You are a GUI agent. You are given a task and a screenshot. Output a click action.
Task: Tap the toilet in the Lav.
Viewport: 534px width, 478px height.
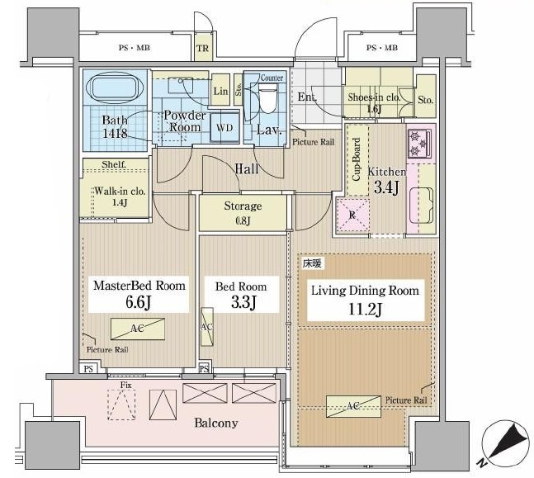coord(267,98)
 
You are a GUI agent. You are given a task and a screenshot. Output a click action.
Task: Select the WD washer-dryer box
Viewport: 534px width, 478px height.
coord(224,128)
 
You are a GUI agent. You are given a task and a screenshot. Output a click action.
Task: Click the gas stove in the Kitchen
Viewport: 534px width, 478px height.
coord(419,144)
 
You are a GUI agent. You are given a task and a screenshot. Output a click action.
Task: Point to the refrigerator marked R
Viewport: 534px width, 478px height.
coord(352,215)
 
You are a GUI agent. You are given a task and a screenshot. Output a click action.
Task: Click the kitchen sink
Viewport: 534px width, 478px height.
coord(421,206)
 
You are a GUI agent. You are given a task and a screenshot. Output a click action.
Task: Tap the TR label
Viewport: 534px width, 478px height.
coord(202,48)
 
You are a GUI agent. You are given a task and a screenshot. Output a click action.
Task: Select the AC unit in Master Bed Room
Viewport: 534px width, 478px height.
coord(138,329)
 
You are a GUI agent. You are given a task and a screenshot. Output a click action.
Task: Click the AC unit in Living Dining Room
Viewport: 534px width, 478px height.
coord(353,406)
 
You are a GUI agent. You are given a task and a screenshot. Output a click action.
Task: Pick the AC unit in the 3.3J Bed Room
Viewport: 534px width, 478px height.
coord(206,327)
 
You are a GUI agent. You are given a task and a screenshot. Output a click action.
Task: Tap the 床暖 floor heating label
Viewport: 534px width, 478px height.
coord(312,263)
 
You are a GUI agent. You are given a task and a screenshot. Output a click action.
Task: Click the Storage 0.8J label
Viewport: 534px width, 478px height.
coord(243,213)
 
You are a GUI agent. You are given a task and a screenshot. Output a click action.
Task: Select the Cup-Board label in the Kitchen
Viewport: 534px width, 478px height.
coord(357,159)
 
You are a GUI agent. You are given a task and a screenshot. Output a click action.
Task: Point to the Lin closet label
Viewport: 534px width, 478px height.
coord(220,92)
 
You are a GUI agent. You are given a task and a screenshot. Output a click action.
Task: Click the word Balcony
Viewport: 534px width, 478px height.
coord(216,424)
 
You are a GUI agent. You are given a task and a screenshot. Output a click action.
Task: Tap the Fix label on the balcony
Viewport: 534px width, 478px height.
coord(125,385)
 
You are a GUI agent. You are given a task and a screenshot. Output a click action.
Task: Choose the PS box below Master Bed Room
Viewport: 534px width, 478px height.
coord(88,368)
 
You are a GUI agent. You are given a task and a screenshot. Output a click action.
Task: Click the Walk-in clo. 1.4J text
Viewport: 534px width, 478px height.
coord(120,196)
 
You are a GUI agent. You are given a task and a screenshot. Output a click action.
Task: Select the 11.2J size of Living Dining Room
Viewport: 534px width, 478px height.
coord(365,309)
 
